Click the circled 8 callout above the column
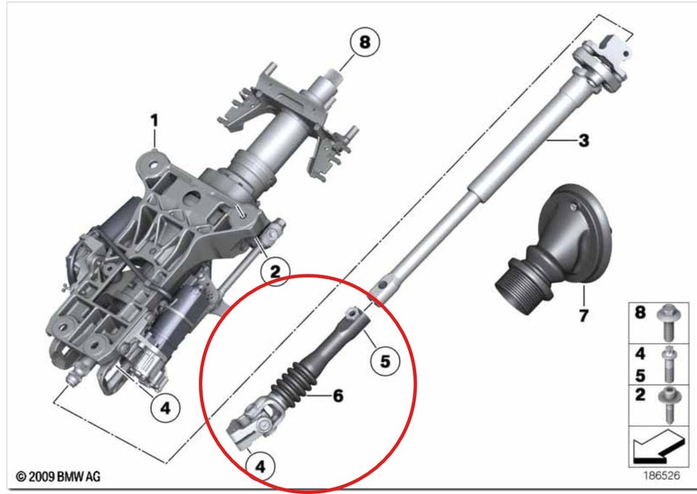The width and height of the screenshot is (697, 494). pyautogui.click(x=364, y=42)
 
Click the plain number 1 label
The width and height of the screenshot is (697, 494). pyautogui.click(x=154, y=121)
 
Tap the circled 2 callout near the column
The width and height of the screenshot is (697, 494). pyautogui.click(x=275, y=271)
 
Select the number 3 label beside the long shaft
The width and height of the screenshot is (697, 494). pyautogui.click(x=584, y=140)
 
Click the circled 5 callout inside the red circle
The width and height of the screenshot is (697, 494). pyautogui.click(x=385, y=361)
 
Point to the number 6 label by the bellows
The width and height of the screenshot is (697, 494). pyautogui.click(x=338, y=395)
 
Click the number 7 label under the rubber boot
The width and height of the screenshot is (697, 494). pyautogui.click(x=583, y=315)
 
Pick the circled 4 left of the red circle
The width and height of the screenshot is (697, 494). pyautogui.click(x=166, y=408)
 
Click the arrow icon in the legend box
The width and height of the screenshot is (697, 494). pyautogui.click(x=657, y=446)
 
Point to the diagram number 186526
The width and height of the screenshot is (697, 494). pyautogui.click(x=662, y=475)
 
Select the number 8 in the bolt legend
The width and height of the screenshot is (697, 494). pyautogui.click(x=640, y=312)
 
